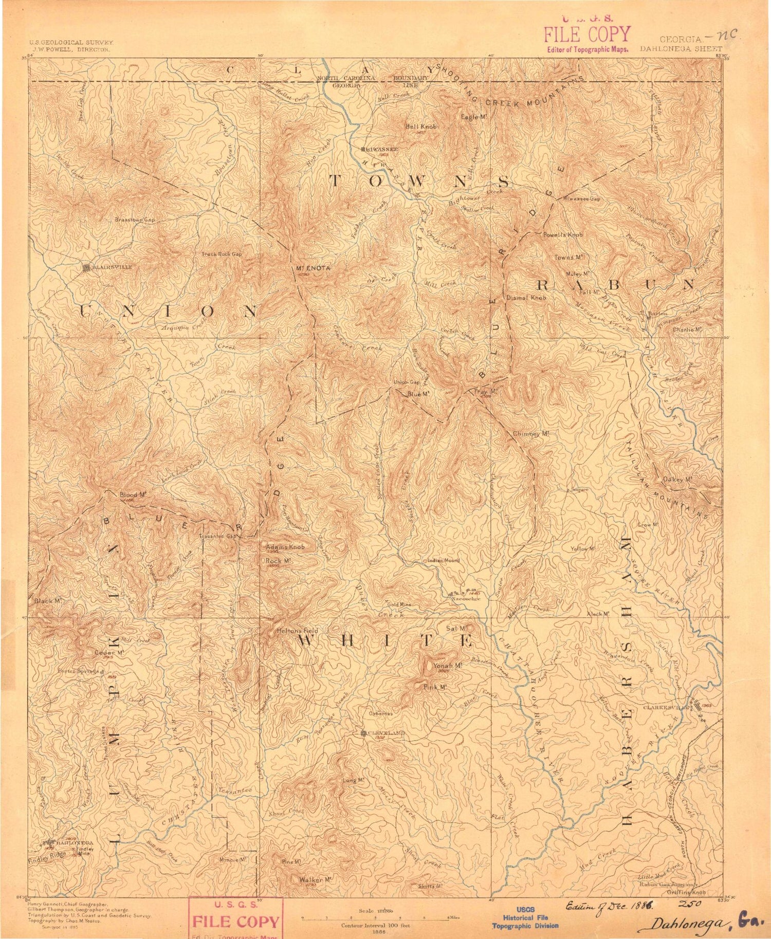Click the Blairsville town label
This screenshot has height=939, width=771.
point(112,267)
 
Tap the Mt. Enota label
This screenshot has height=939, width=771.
point(313,268)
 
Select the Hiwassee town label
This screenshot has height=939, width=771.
point(381,149)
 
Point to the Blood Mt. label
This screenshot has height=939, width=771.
point(133,495)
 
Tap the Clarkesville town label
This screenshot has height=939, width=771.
point(667,708)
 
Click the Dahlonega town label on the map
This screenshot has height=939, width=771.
point(75,843)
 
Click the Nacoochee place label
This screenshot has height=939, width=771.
point(466,599)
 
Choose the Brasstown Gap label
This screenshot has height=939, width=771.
point(135,219)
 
